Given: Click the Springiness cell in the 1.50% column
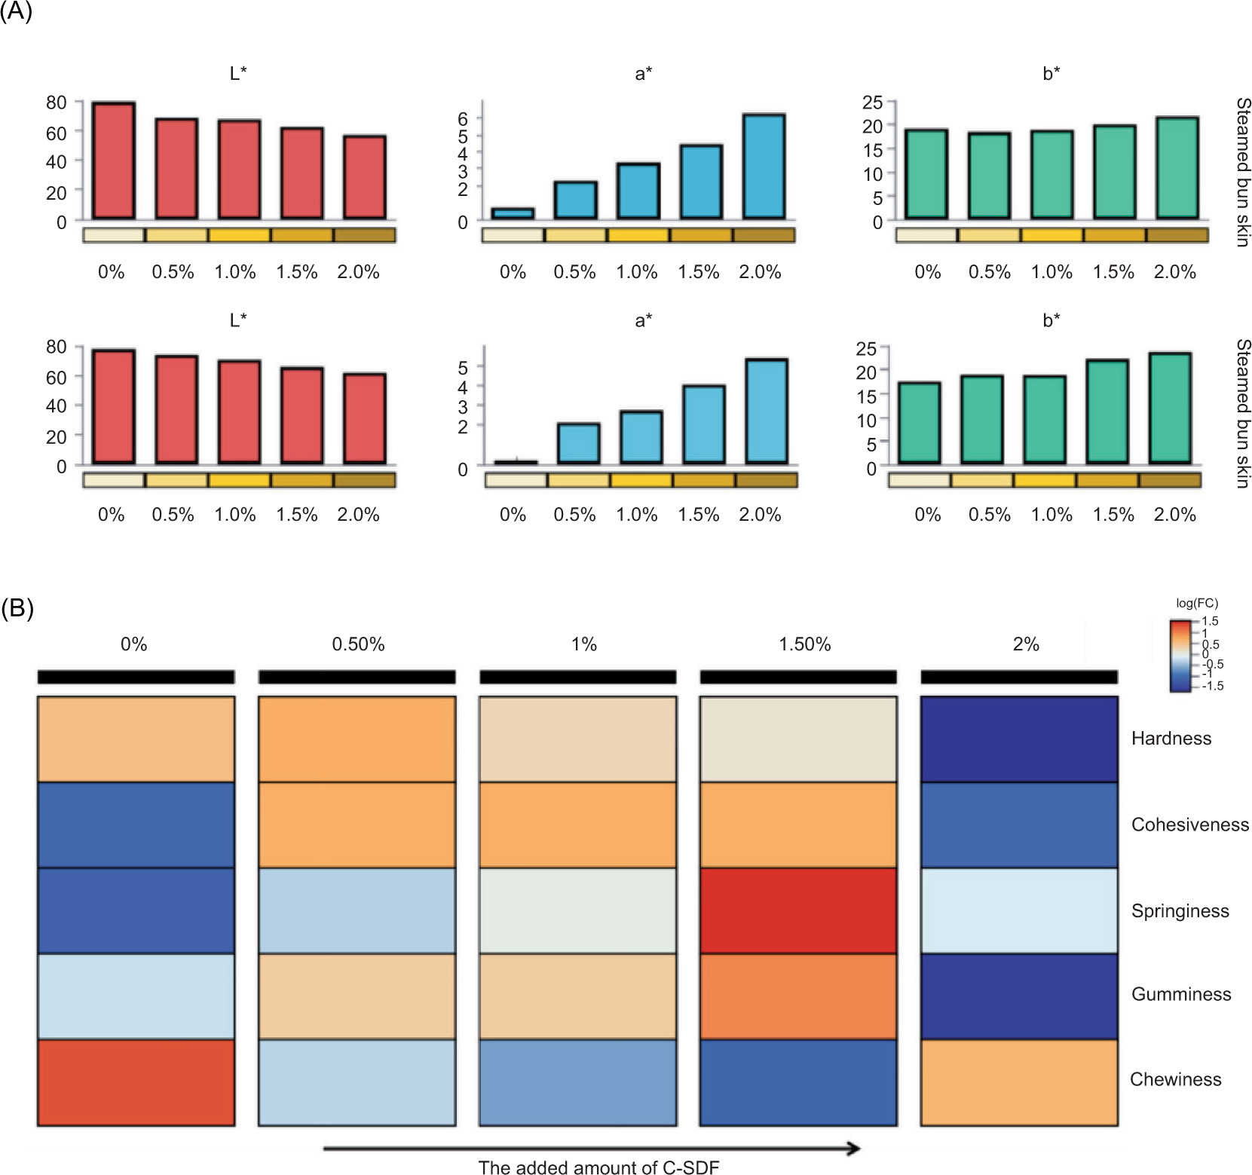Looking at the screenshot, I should (x=798, y=910).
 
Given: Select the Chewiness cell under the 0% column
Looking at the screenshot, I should (x=136, y=1082).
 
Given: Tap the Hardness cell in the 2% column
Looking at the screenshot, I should (x=1019, y=739).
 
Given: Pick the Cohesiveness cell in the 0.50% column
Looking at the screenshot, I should (x=357, y=825).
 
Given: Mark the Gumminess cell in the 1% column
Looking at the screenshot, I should (x=577, y=996).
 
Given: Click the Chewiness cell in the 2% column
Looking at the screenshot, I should (x=1019, y=1082).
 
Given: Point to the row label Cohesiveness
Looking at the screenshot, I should (x=1189, y=825).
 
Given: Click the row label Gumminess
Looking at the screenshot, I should (x=1181, y=994).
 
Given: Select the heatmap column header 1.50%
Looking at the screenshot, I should (x=804, y=644).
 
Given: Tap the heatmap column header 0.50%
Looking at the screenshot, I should (x=358, y=644).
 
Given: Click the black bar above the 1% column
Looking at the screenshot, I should (x=577, y=677).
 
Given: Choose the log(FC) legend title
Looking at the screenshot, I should (x=1196, y=603).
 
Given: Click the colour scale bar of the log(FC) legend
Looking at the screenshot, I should (x=1180, y=655).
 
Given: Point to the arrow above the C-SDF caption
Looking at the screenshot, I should (x=592, y=1149).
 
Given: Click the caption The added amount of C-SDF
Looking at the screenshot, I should (x=598, y=1167).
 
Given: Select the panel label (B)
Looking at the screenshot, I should (x=17, y=608).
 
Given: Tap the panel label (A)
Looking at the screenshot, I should (x=16, y=12).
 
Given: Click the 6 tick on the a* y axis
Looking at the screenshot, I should (x=463, y=118).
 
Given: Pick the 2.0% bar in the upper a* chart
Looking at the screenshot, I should (x=764, y=167).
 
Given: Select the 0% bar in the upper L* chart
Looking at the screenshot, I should (x=114, y=161).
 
